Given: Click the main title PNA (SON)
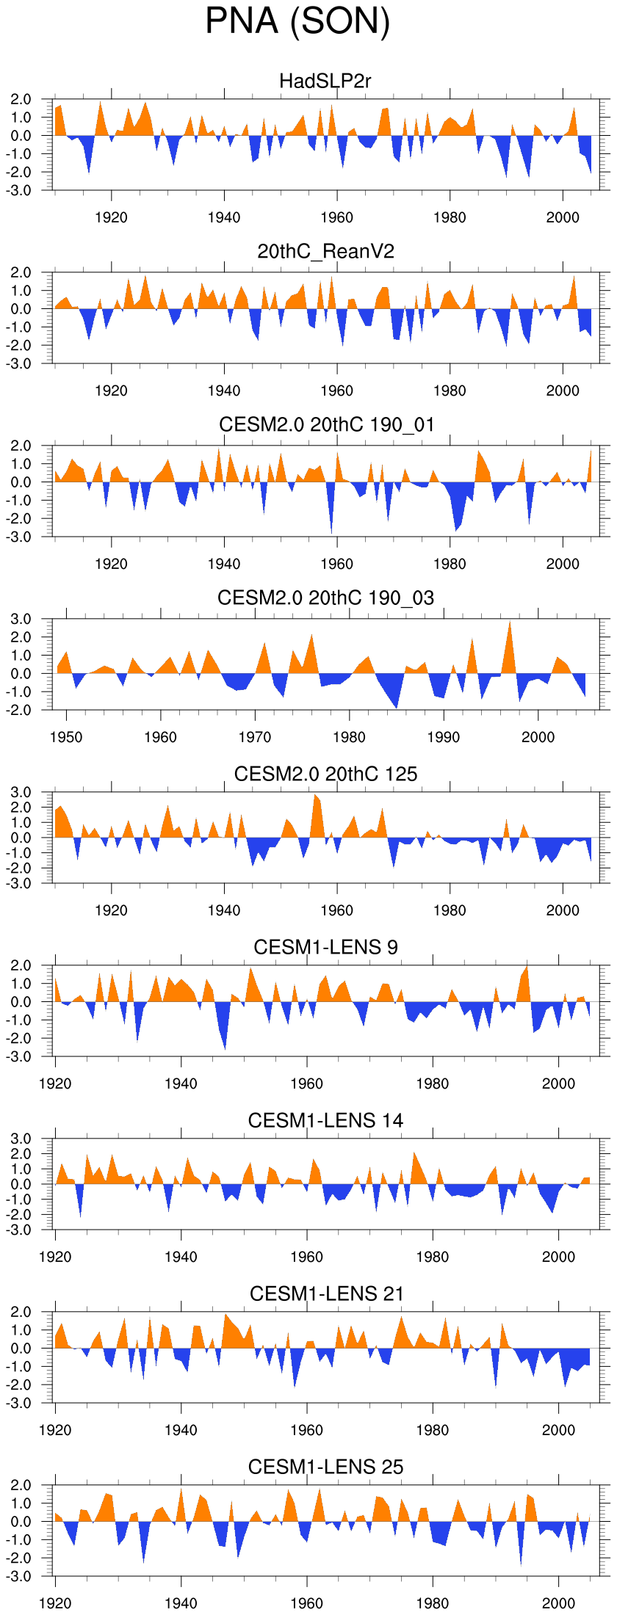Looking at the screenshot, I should (297, 21).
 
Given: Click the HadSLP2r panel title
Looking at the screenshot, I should (325, 81).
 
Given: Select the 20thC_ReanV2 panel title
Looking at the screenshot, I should (325, 252).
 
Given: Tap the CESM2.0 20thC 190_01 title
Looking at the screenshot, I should (326, 424).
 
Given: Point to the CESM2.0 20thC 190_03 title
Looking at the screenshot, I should (325, 598).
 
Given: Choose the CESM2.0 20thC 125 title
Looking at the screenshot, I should (325, 774).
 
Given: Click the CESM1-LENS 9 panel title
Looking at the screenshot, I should (325, 947).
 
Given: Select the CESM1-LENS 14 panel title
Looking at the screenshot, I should (325, 1120).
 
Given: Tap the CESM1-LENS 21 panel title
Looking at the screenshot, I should (326, 1293).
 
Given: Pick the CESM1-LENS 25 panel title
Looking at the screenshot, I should (325, 1467).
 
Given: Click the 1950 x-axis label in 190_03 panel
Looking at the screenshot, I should (66, 737).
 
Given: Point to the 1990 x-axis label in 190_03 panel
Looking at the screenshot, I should (444, 737).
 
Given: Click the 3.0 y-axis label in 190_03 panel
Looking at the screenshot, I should (21, 620).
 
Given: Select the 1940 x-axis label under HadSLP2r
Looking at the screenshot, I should (224, 217).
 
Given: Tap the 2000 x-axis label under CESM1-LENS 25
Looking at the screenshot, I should (558, 1603).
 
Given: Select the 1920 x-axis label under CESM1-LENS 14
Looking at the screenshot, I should (55, 1257).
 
